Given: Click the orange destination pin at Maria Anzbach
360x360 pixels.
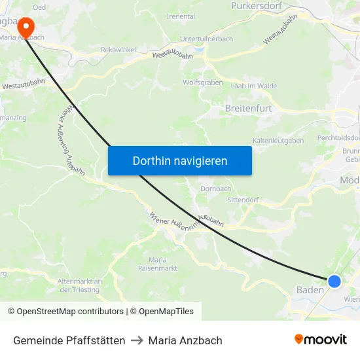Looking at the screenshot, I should tap(26, 27).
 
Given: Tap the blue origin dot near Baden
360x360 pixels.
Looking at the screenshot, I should tap(334, 281).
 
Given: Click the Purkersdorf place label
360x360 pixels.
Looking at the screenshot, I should tap(256, 6).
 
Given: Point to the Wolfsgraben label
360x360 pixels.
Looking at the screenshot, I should tap(202, 83).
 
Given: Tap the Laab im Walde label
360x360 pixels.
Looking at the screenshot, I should tap(254, 86).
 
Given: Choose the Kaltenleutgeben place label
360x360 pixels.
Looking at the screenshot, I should tap(278, 141).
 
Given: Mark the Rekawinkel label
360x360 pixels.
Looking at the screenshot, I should tap(119, 50).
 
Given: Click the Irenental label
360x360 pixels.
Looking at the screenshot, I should tap(181, 16).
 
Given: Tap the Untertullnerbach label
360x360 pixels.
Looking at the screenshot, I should tap(206, 39).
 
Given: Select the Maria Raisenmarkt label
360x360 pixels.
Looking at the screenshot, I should tap(158, 264).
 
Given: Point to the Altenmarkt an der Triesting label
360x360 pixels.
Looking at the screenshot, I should tap(80, 285).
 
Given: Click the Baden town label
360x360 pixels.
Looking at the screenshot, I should tap(310, 290).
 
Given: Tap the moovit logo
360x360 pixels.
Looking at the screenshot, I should tap(321, 339).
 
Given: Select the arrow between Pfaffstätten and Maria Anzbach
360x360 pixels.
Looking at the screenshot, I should tap(137, 340).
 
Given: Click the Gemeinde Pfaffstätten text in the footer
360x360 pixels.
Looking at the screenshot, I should tap(69, 340).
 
